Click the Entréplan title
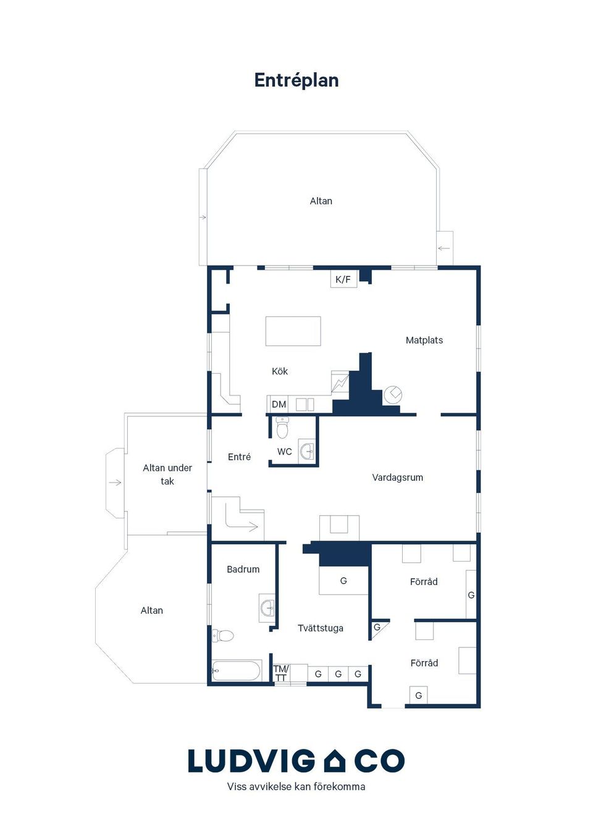[296, 80]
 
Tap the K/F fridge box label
[343, 279]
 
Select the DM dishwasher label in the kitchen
[279, 404]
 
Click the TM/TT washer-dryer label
[281, 673]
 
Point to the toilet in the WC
[282, 428]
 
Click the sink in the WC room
[308, 451]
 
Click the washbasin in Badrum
[267, 607]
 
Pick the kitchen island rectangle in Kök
[293, 331]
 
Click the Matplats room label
[424, 340]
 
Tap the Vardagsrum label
[398, 478]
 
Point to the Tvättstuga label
[321, 628]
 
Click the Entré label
[239, 457]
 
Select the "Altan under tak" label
[167, 474]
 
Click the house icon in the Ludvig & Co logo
[335, 761]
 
